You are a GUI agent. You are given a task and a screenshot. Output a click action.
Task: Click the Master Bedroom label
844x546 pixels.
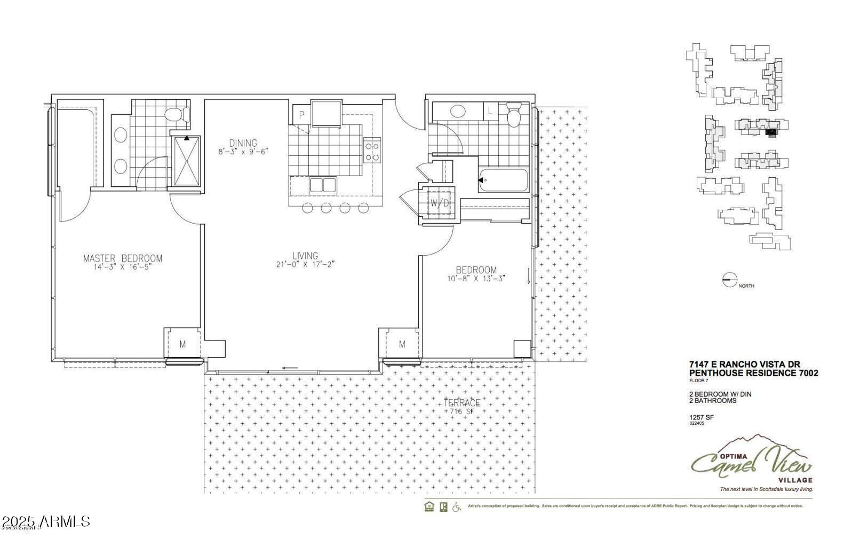[122, 258]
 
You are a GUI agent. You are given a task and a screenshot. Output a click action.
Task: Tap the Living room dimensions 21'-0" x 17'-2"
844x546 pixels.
[305, 264]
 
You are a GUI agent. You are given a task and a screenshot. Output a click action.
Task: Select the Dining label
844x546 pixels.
[243, 143]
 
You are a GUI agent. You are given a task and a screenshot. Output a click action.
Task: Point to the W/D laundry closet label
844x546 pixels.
[440, 203]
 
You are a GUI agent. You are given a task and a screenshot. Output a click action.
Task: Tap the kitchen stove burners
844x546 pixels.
[372, 150]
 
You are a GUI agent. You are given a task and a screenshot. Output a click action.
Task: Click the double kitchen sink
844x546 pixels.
[322, 185]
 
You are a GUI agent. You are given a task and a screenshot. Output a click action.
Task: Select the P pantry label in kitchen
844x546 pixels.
[301, 114]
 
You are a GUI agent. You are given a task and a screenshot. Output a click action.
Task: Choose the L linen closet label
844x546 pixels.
[490, 111]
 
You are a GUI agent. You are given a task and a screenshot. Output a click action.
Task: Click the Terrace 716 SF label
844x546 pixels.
[462, 407]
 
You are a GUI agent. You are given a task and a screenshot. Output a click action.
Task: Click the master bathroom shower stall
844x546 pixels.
[186, 161]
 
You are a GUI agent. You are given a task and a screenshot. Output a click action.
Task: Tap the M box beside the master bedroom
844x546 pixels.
[182, 344]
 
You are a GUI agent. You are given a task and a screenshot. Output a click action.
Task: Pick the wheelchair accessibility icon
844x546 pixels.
[457, 507]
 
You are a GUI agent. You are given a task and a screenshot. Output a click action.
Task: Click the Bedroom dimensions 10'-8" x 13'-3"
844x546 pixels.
[476, 278]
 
